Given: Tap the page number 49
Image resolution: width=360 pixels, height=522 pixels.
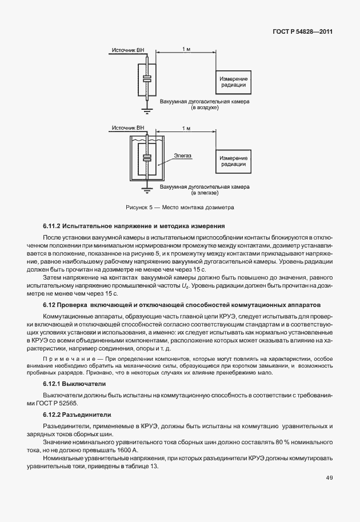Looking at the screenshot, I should pos(329,478).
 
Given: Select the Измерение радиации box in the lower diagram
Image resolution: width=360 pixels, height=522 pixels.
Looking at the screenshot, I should pos(234,162).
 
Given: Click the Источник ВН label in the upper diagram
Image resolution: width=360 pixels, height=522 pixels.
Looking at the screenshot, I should pos(127,50).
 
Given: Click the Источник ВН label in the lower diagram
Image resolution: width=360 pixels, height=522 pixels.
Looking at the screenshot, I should pos(127,127).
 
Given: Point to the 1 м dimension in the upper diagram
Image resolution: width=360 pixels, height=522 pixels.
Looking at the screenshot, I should pos(186,50).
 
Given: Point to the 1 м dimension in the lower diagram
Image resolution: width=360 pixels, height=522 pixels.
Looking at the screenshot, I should pos(186,128).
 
